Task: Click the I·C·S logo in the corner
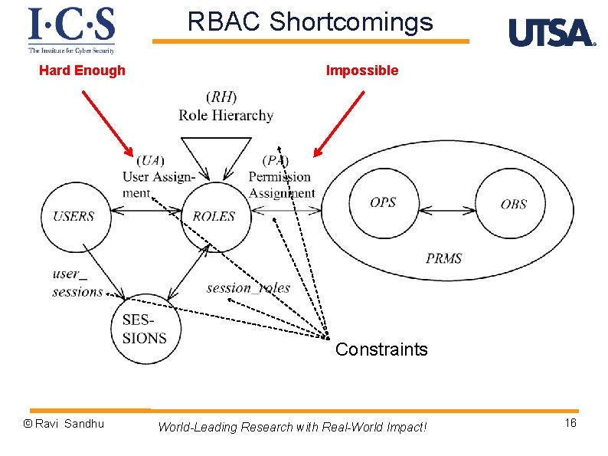coord(71,31)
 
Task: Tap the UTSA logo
coord(551,33)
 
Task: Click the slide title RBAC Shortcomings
coord(310,22)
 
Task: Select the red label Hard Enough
coord(82,71)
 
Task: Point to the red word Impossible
coord(362,71)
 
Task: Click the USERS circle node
coord(74,216)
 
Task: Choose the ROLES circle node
coord(214,216)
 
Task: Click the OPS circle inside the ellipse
coord(383,203)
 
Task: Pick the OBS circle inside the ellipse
coord(513,204)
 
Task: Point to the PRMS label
coord(444,258)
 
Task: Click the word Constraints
coord(381,350)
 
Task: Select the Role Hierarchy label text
coord(226,115)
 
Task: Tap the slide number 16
coord(570,424)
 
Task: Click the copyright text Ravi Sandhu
coord(64,424)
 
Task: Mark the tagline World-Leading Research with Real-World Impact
coord(292,427)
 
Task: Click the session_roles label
coord(248,288)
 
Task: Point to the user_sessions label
coord(77,282)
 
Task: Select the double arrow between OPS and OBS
coord(447,204)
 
